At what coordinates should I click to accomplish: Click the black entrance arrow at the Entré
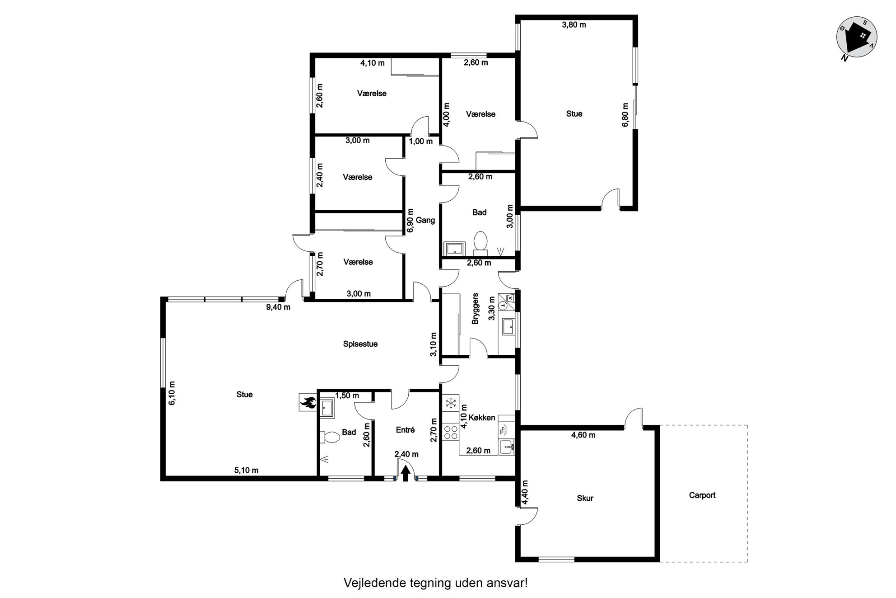click(x=406, y=473)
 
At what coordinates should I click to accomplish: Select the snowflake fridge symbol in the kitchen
click(x=451, y=403)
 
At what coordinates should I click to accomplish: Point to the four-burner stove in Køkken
click(x=451, y=431)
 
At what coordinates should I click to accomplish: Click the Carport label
click(x=702, y=495)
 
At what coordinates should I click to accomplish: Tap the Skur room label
click(x=585, y=498)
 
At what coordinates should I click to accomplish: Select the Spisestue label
click(x=360, y=344)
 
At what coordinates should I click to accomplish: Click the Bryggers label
click(x=475, y=310)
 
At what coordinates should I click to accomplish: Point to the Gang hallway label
click(x=425, y=220)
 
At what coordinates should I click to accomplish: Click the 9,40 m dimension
click(x=278, y=307)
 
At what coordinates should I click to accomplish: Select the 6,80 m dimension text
click(x=625, y=115)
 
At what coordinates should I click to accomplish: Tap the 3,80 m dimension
click(x=574, y=25)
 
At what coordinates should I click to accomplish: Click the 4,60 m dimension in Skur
click(x=583, y=435)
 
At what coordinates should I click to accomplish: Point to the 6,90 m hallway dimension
click(x=410, y=221)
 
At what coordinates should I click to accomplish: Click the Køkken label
click(x=482, y=418)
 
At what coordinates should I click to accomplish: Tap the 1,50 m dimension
click(x=347, y=396)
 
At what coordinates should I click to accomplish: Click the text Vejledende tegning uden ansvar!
click(x=436, y=583)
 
